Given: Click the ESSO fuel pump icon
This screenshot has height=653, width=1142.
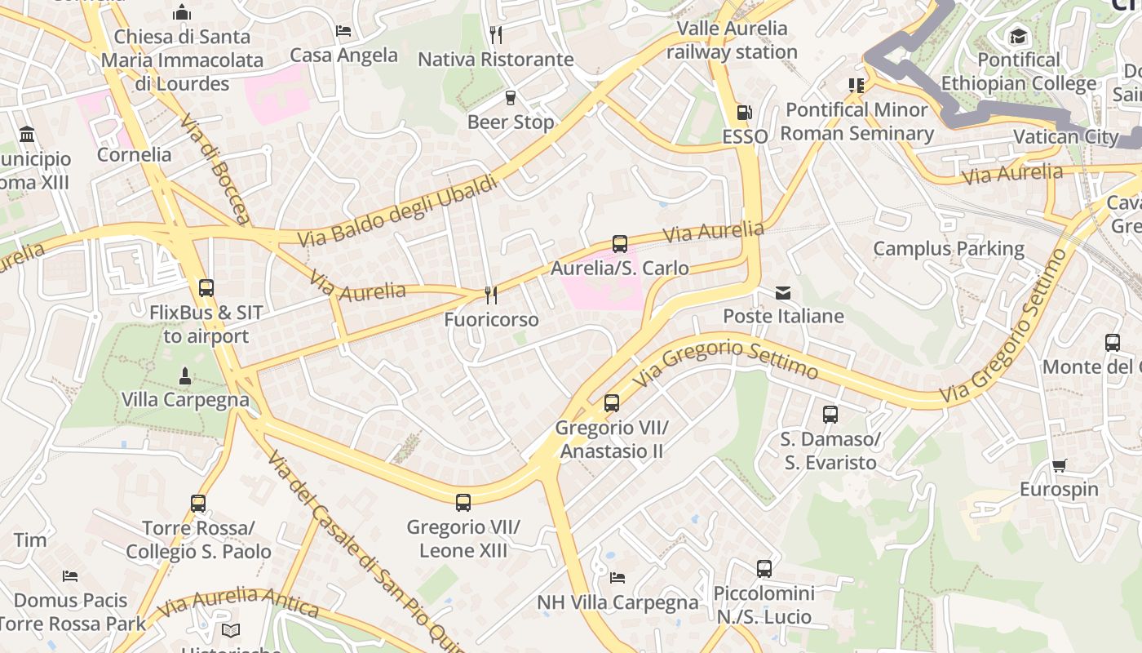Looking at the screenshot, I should pos(744,113).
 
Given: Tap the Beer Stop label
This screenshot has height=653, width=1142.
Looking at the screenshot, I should pos(511,122).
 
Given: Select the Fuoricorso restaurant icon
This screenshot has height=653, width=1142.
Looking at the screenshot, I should pos(490,294).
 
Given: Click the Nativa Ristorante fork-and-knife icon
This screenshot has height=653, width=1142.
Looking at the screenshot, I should pos(495,34).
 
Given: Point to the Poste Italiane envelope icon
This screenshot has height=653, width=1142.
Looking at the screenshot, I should pos(783,292).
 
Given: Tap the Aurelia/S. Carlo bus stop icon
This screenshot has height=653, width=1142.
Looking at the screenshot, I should pos(620,243).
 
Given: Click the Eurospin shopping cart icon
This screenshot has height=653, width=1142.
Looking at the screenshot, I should pos(1059,465).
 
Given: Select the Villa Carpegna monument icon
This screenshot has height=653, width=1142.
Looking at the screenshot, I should pos(185,376).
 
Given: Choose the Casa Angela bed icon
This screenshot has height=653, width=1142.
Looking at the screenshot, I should pos(343,31).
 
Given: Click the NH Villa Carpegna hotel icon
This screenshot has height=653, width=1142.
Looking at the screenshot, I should pos(617,578).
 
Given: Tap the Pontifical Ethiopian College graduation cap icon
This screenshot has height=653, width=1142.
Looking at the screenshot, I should pos(1018,36).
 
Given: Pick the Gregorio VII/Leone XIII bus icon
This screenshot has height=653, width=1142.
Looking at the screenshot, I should pos(463,503).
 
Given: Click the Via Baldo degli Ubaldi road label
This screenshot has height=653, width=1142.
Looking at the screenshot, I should pos(397,211).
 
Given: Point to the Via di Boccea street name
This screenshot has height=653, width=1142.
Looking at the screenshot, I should pos(215,169).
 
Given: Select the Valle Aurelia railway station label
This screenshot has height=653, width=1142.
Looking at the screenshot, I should pos(732,40).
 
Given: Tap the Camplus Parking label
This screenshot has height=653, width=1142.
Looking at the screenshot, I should pos(949,249).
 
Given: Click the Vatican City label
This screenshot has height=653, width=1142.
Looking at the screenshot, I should pos(1065,136).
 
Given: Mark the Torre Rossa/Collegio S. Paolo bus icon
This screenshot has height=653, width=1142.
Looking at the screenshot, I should pos(198,504).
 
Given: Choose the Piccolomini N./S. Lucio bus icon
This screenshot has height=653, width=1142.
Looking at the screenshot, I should pos(764,569).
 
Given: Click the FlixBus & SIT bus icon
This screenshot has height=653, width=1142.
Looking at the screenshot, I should pos(206,288).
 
